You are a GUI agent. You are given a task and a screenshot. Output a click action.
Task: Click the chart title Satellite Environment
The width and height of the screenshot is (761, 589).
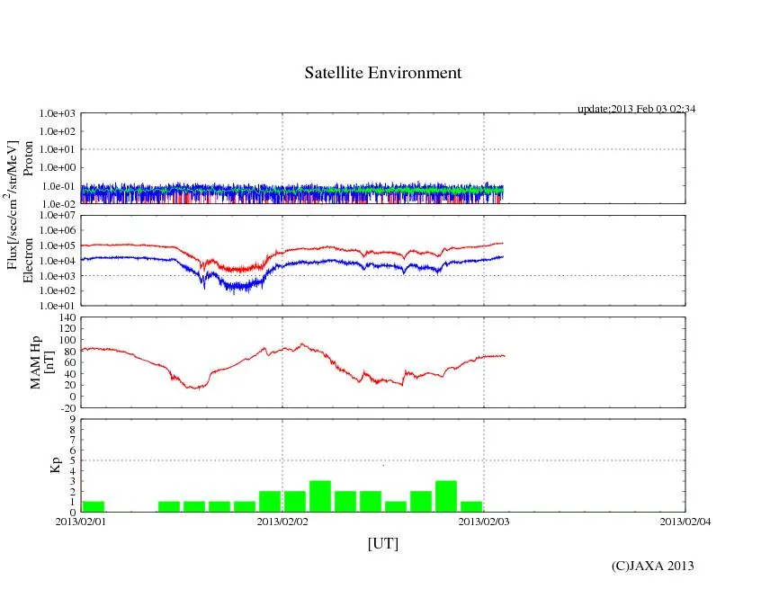[382, 73]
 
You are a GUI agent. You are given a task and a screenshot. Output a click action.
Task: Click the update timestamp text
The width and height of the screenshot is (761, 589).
[636, 109]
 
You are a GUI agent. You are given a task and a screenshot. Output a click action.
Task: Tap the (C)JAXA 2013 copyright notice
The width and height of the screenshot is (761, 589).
[652, 566]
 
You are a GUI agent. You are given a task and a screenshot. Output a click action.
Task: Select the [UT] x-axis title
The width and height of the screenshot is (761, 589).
[382, 543]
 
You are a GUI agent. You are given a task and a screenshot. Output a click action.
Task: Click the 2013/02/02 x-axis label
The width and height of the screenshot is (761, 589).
[282, 522]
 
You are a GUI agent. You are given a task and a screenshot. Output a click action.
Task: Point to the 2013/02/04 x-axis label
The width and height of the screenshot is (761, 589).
[685, 522]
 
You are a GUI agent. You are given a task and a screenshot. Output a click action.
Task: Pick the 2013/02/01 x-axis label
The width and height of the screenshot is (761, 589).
[81, 522]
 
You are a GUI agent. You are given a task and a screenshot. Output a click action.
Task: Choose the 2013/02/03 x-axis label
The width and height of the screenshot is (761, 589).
[484, 522]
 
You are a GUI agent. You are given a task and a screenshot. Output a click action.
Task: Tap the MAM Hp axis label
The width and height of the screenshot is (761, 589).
[42, 356]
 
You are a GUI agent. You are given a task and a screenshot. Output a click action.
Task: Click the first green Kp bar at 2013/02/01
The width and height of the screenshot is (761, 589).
[94, 506]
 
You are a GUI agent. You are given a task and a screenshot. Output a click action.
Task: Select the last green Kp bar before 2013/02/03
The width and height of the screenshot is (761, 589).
[471, 506]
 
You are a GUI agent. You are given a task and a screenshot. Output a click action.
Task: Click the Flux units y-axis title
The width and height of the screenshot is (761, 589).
[13, 208]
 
